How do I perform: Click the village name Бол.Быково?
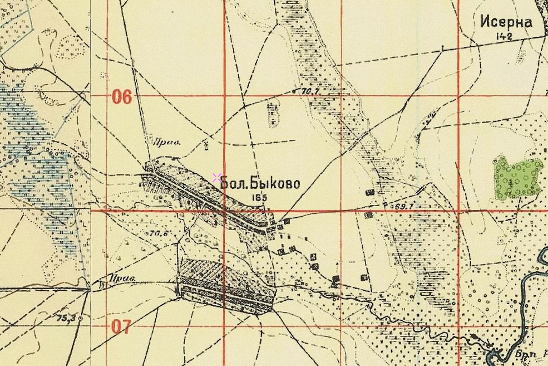click(x=260, y=183)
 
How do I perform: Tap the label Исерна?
click(x=506, y=22)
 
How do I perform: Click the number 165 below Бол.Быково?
click(x=259, y=197)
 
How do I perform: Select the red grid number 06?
click(x=122, y=97)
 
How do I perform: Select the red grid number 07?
click(x=122, y=326)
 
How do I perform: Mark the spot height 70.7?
click(x=312, y=90)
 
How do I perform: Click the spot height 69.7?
click(x=403, y=206)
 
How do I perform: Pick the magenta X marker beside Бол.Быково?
click(x=216, y=178)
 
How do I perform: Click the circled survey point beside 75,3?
click(x=81, y=318)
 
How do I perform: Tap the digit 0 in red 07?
click(x=117, y=326)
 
